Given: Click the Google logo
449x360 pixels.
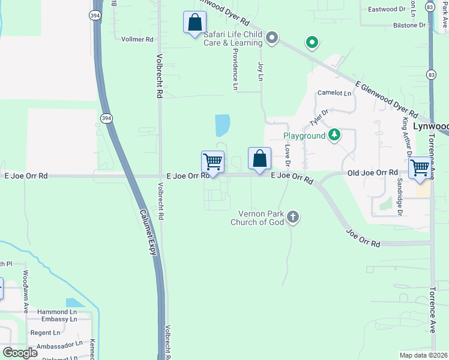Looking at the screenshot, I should click(x=20, y=353).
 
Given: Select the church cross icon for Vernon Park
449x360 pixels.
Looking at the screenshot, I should click(x=292, y=217).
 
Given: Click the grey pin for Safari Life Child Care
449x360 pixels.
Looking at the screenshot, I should click(x=272, y=38).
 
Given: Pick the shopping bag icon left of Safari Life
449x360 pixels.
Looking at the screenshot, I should click(x=194, y=23).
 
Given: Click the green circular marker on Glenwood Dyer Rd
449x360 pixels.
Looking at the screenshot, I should click(x=312, y=42).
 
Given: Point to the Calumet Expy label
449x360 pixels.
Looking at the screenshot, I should click(x=148, y=232).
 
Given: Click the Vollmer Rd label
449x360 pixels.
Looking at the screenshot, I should click(x=137, y=39).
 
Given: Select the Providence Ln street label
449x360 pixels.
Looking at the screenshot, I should click(x=235, y=69).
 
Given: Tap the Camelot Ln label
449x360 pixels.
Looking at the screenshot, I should click(x=334, y=93).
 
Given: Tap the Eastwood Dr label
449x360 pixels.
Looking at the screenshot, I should click(x=387, y=9).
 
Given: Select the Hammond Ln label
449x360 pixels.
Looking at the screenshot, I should click(x=57, y=312).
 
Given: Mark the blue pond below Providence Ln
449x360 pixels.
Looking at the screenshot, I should click(x=222, y=125).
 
